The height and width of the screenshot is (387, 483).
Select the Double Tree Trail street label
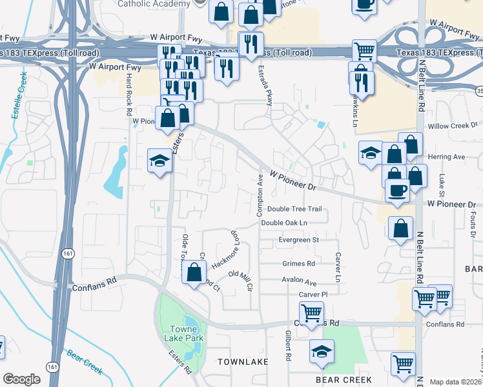(x=294, y=209)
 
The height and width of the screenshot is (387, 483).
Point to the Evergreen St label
(x=298, y=240)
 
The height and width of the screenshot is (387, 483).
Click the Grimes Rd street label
(x=298, y=264)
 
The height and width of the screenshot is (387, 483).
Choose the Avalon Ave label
(x=299, y=282)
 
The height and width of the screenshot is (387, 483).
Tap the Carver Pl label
(x=313, y=294)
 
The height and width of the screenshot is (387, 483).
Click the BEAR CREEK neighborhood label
(x=344, y=380)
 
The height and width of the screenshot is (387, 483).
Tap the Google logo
(x=21, y=379)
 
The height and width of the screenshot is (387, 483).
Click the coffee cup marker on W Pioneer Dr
(x=397, y=190)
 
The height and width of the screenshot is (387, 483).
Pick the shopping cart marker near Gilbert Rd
(x=312, y=313)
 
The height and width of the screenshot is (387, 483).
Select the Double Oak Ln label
(x=283, y=223)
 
